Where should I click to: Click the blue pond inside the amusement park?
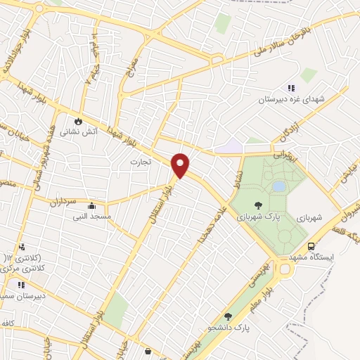pos(278,186)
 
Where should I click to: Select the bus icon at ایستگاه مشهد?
pos(311,246)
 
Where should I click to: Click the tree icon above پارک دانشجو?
pos(227,317)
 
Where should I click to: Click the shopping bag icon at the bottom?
pos(147,350)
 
